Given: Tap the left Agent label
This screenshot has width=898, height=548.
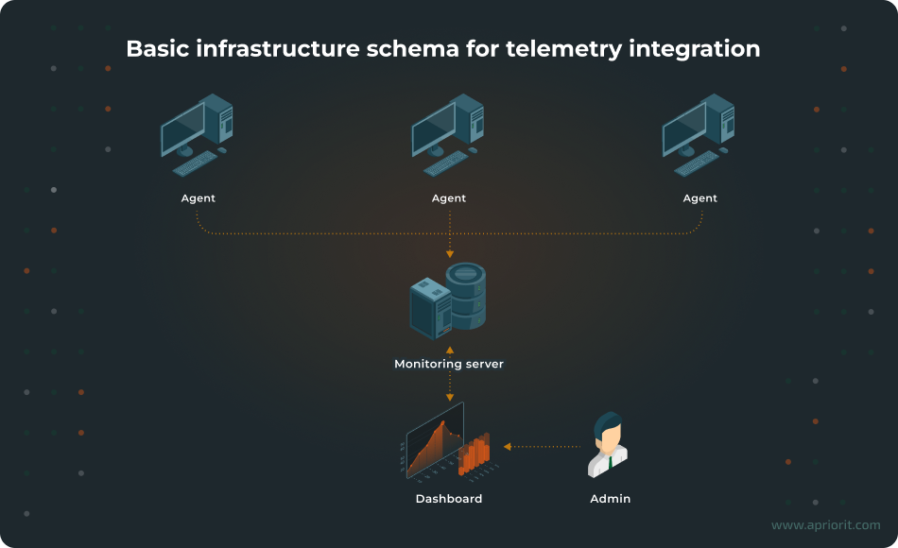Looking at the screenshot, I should pyautogui.click(x=199, y=198).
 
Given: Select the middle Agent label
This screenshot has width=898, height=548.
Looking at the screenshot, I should pyautogui.click(x=449, y=198).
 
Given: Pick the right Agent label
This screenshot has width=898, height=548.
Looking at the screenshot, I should pyautogui.click(x=700, y=198).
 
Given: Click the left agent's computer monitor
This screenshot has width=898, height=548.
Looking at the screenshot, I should pyautogui.click(x=182, y=129).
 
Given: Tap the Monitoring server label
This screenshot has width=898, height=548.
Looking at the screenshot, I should pyautogui.click(x=449, y=364).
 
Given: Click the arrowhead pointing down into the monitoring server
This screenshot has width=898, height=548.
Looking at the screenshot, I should pyautogui.click(x=449, y=253).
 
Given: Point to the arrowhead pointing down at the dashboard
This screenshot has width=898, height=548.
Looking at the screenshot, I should pyautogui.click(x=449, y=397).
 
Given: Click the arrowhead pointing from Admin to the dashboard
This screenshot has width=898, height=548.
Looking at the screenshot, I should pyautogui.click(x=508, y=446).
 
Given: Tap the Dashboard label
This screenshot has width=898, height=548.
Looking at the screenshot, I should pyautogui.click(x=449, y=499).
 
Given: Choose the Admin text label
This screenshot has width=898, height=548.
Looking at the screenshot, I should pyautogui.click(x=610, y=499).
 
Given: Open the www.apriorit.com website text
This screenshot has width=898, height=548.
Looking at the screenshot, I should pyautogui.click(x=825, y=525).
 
